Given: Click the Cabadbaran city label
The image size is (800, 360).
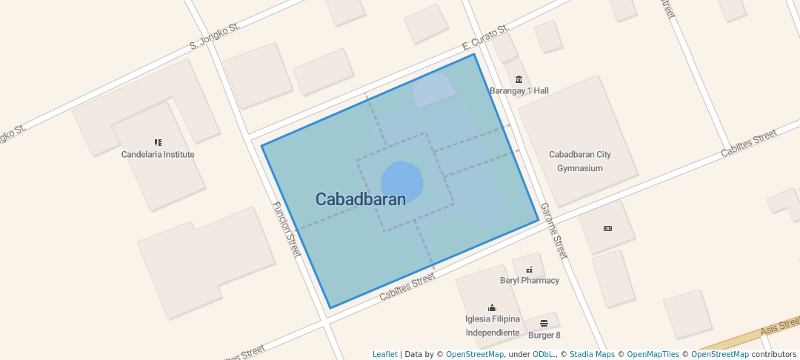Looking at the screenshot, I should [361, 199].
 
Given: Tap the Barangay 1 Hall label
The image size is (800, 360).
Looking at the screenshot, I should [519, 91].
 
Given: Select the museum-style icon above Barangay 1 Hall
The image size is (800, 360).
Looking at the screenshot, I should [519, 80].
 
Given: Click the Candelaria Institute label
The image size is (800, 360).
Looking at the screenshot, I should [158, 155].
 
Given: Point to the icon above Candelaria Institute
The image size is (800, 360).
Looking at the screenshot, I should [158, 142].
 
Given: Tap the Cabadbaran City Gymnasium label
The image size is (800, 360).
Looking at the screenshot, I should [580, 161].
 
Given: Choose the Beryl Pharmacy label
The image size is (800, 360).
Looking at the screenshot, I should [530, 281].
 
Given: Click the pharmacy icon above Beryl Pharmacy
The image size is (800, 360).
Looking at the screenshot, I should [529, 270].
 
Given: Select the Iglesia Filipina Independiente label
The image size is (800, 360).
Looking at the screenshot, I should [493, 326].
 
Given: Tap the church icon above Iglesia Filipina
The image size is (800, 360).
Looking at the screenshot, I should [493, 307].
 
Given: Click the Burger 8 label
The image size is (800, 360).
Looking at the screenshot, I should [544, 335].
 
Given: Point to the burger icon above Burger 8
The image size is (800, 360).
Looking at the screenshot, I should [544, 323].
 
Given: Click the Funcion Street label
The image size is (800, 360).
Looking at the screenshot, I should [287, 230].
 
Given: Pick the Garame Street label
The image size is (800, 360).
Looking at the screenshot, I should [553, 230].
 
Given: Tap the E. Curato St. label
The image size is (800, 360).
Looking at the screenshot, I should [485, 36].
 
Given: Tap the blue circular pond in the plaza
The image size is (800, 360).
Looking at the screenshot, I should [402, 181].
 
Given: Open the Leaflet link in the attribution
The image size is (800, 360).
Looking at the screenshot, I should [384, 355].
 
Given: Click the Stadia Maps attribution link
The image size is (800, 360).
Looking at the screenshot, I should [592, 355].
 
